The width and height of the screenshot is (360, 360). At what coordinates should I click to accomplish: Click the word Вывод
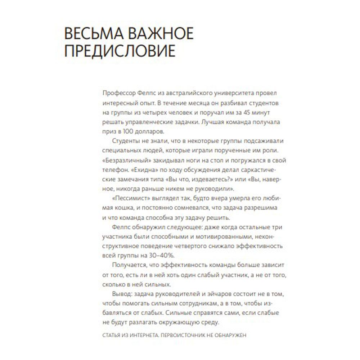pos(122,294)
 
